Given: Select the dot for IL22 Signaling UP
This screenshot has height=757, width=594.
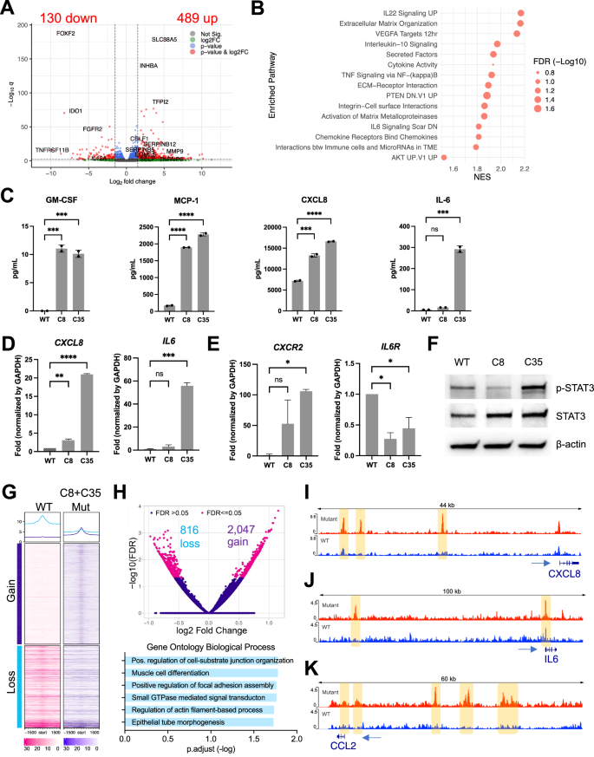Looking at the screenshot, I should (521, 13).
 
